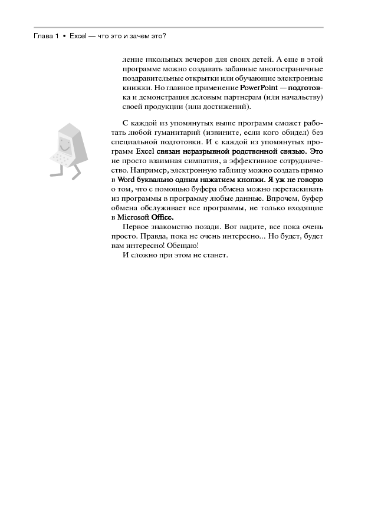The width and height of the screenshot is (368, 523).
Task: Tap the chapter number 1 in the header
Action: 57,36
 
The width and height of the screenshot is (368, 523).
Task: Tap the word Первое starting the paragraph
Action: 133,226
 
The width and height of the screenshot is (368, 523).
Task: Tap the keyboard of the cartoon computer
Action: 61,157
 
